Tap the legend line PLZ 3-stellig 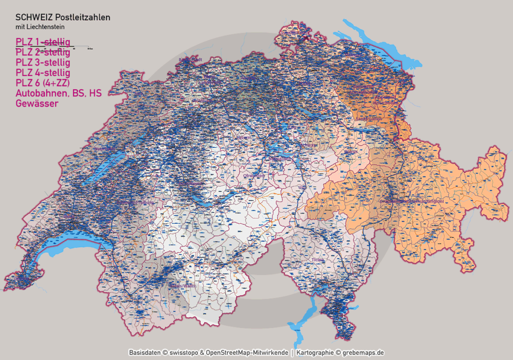click(x=43, y=63)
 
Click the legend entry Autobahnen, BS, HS click(x=59, y=93)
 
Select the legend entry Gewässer click(x=37, y=104)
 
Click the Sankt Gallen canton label click(x=368, y=118)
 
